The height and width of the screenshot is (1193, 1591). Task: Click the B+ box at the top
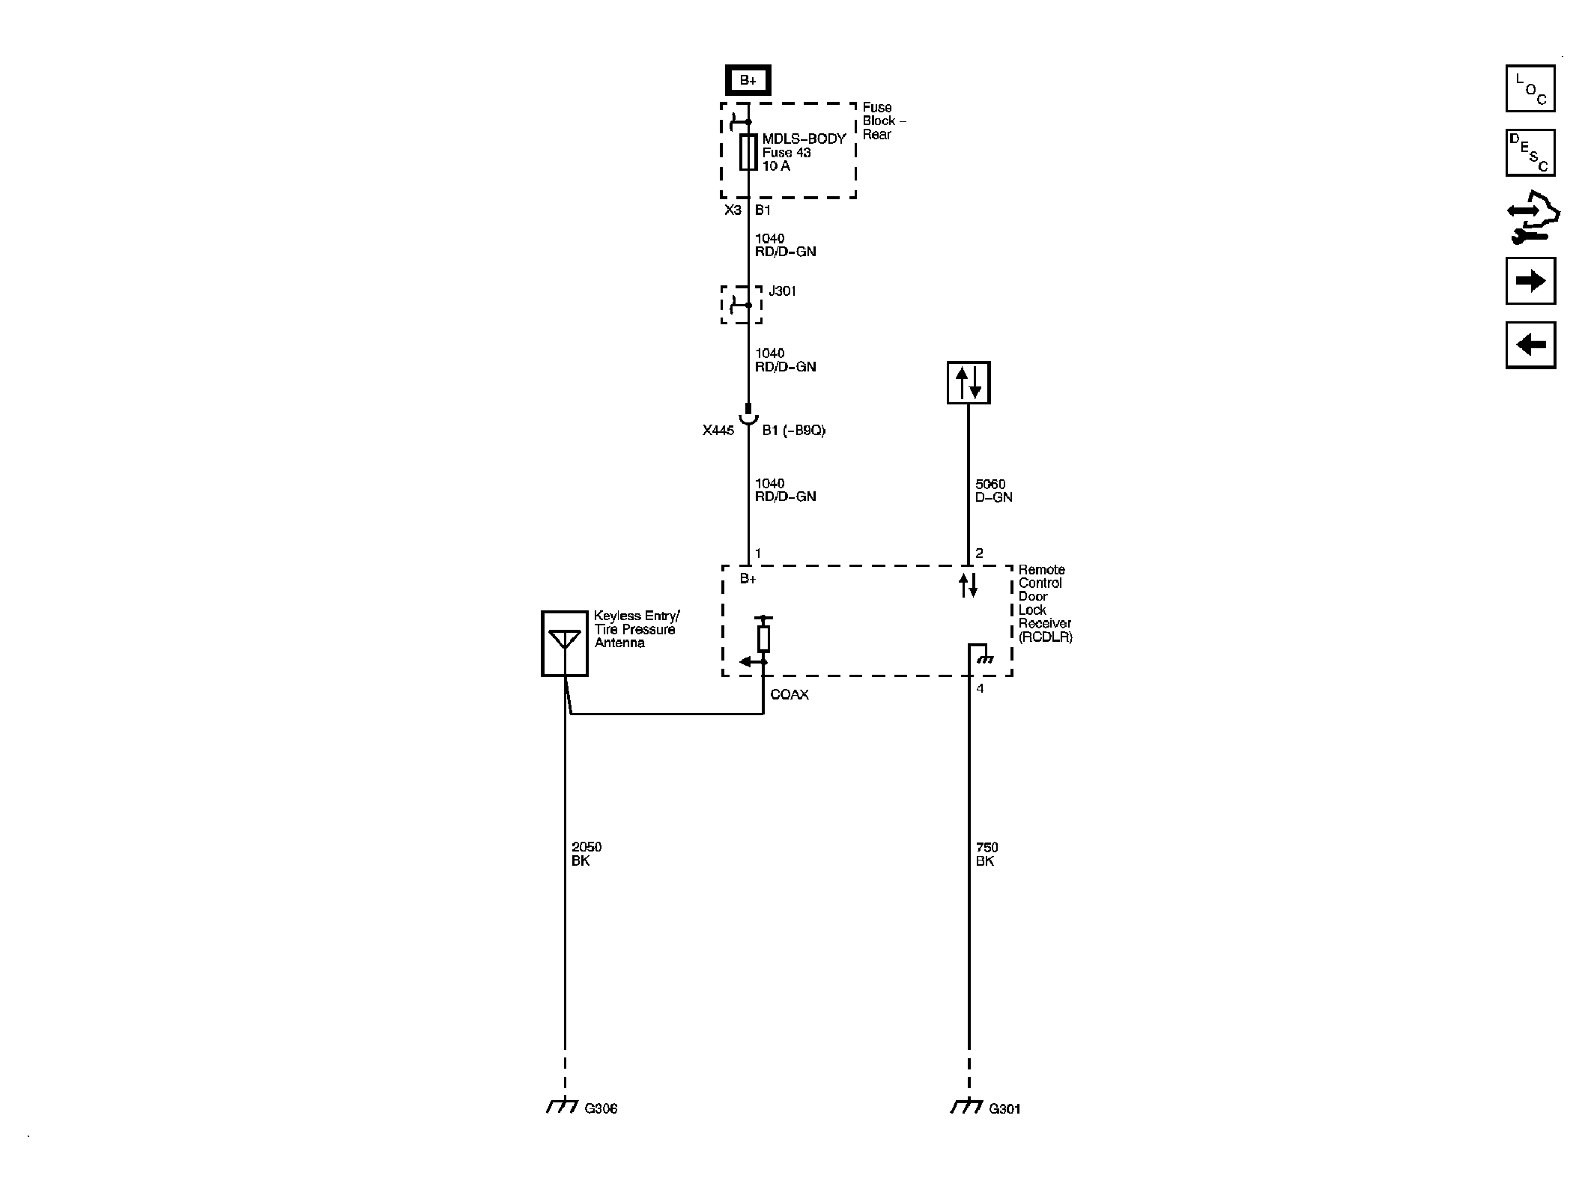coord(748,80)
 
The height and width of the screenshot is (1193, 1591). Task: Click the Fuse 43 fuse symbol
coord(748,152)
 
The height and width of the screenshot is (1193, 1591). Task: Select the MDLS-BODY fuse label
coord(804,139)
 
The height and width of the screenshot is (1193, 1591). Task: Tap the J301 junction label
coord(782,291)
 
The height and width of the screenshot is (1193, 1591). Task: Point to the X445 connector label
coord(718,431)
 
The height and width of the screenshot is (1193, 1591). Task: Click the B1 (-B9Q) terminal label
coord(793,431)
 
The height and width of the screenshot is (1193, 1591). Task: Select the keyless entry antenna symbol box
coord(564,643)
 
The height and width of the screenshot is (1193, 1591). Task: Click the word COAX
coord(790,695)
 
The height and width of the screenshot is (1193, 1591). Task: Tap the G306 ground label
coord(601,1108)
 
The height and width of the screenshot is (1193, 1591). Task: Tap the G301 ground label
coord(1004,1108)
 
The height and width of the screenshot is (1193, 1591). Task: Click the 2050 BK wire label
coord(586,854)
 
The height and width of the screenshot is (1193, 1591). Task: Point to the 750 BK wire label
coord(987,854)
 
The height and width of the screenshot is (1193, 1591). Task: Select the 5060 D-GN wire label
coord(993,491)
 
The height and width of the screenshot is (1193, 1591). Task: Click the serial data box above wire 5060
coord(968,383)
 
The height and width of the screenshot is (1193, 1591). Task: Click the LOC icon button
coord(1530,89)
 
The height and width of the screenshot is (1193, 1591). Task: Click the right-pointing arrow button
coord(1530,281)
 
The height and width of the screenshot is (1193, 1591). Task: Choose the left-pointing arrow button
coord(1530,344)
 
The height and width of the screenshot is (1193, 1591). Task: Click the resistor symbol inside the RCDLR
coord(763,639)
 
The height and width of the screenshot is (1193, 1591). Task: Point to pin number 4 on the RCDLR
coord(980,688)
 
